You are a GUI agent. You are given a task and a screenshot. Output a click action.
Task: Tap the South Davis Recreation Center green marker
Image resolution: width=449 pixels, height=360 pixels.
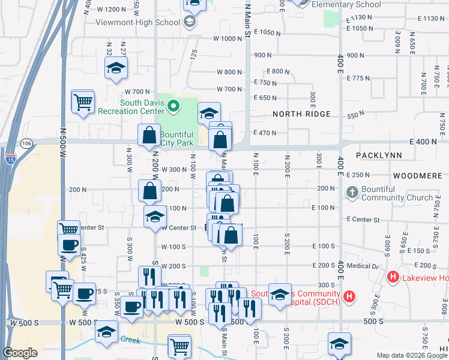(174, 107)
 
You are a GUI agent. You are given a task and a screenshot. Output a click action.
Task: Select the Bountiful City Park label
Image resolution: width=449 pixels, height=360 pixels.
(176, 139)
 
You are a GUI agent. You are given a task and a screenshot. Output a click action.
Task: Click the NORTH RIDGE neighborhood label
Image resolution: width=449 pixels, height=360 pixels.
(301, 114)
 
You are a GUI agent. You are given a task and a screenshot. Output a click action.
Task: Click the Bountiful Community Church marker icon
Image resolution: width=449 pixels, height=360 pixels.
(353, 193)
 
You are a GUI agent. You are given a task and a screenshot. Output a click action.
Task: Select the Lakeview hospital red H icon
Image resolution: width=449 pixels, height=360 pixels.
(393, 277)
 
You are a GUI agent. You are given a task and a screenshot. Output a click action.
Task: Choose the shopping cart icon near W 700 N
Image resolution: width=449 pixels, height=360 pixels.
(82, 100)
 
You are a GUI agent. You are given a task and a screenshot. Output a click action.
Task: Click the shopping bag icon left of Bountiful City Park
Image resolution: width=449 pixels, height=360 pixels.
(149, 136)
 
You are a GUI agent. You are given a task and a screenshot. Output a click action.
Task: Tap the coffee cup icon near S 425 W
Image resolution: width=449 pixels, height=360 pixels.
(69, 244)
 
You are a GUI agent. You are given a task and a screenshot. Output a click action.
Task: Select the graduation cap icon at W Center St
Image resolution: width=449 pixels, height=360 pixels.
(155, 217)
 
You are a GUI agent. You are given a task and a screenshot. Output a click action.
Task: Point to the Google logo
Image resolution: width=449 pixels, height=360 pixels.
(20, 353)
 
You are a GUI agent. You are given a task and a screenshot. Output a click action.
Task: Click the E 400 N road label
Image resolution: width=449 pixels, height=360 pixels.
(424, 141)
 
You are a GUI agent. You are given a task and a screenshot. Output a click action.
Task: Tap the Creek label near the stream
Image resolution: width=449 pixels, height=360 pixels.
(130, 340)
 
